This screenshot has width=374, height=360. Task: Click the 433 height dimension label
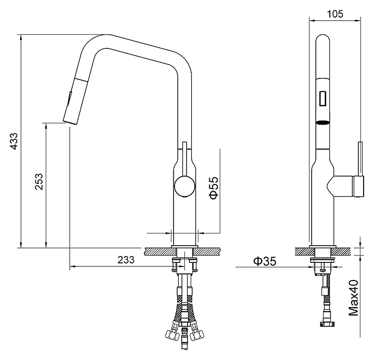(x=15, y=141)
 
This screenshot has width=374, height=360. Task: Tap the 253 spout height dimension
(x=39, y=181)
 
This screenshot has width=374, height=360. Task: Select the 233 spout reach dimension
(x=126, y=260)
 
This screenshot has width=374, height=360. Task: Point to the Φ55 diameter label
(x=213, y=188)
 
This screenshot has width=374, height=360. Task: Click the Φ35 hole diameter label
(x=264, y=261)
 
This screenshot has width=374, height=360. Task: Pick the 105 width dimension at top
(x=335, y=14)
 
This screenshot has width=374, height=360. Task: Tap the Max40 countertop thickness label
(x=354, y=298)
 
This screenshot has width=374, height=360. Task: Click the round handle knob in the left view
(x=184, y=186)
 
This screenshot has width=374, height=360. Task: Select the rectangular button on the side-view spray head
(x=323, y=98)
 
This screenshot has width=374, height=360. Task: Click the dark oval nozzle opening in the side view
(x=323, y=123)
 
